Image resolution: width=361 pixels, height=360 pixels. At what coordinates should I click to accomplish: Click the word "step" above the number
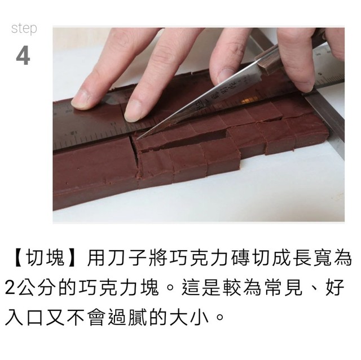(x=24, y=29)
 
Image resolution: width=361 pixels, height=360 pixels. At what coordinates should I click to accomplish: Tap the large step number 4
(x=23, y=56)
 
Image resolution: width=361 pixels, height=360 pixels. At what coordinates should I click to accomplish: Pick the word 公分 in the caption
(x=36, y=288)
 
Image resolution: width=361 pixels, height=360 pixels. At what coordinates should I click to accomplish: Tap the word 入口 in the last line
(x=24, y=318)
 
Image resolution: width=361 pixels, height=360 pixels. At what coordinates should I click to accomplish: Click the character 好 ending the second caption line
(x=334, y=288)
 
